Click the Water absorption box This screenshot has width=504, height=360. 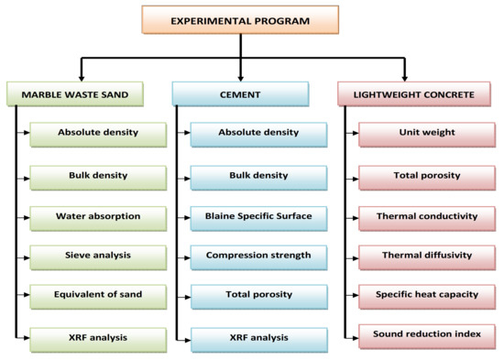pos(98,217)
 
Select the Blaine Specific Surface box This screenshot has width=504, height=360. pos(258,217)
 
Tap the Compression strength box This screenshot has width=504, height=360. pos(258,256)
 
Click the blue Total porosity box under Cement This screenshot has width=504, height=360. pos(258,296)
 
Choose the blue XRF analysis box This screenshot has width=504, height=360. pos(258,338)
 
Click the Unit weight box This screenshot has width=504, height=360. pos(426,133)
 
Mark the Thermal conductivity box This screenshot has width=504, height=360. pos(426,217)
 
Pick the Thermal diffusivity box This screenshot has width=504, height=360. pos(426,256)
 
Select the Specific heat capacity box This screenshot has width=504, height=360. pos(426,294)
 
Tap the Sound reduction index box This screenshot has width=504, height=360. pos(426,334)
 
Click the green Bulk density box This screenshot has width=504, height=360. pos(98,175)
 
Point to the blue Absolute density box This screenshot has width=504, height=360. pos(258,133)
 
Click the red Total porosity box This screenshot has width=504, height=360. pos(426,175)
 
